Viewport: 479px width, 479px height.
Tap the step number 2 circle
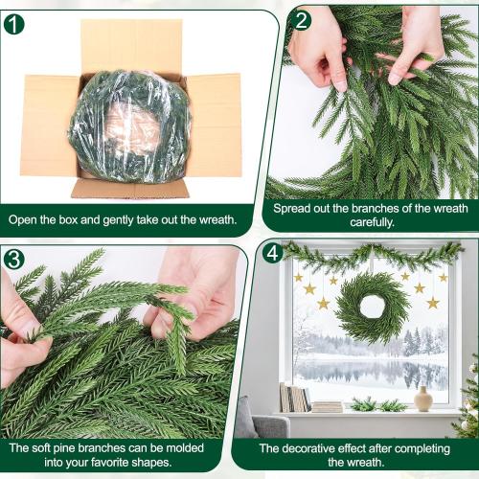click(303, 20)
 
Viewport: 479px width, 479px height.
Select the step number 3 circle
click(14, 259)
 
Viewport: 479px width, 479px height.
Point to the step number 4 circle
click(274, 253)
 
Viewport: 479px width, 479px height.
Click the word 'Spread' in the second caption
click(293, 208)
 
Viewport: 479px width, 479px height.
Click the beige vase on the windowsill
click(422, 399)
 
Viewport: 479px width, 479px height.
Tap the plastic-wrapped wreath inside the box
click(130, 125)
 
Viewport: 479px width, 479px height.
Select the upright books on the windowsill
click(291, 397)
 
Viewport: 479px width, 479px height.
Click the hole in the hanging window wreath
click(373, 308)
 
